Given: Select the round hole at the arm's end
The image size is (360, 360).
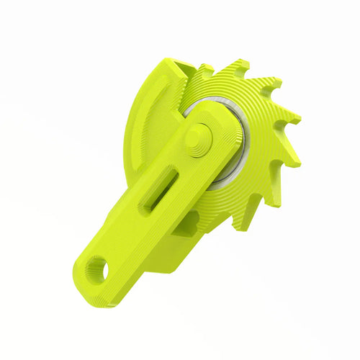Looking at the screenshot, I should click(95, 271).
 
